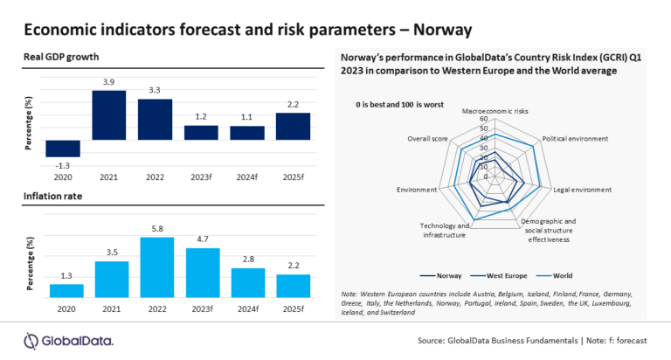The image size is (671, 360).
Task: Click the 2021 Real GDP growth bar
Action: [109, 115]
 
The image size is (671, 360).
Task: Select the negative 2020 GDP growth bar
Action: [64, 149]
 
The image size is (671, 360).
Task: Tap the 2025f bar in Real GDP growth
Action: [293, 126]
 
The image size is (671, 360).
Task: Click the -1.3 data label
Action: [64, 164]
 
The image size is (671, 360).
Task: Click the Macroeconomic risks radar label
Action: [495, 111]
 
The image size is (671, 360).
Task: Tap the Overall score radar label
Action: [429, 139]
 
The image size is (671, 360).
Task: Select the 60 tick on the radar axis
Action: [483, 119]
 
